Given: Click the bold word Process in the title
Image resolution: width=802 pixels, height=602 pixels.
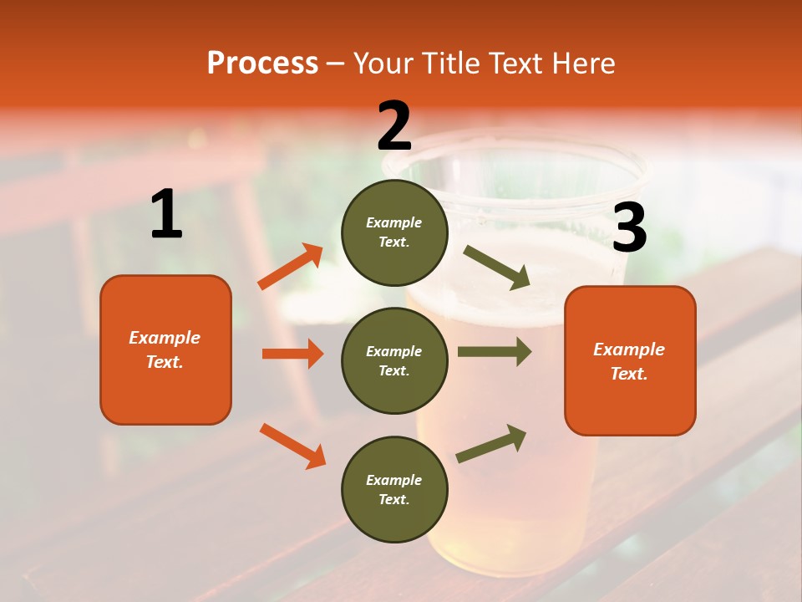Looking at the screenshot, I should click(x=262, y=64).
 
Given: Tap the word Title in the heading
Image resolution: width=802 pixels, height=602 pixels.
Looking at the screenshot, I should click(x=450, y=64).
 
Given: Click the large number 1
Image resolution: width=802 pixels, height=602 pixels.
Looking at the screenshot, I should click(x=166, y=215).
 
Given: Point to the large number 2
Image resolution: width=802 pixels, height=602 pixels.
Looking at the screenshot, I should click(x=394, y=125).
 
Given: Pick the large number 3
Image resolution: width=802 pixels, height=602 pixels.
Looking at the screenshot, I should click(x=629, y=228).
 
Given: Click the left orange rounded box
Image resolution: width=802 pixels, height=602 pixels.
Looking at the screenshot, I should click(x=165, y=349).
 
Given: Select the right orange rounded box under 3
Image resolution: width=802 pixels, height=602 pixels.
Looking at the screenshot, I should click(x=630, y=361).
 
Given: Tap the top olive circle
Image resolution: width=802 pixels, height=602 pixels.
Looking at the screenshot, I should click(x=394, y=232).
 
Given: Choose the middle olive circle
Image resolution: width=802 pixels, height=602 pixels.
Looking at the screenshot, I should click(x=394, y=360).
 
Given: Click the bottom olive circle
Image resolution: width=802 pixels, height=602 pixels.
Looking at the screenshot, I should click(x=394, y=489).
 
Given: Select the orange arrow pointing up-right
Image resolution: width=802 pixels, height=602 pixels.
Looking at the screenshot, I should click(x=291, y=267).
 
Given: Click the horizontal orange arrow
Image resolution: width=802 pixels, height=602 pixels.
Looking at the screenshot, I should click(x=292, y=354).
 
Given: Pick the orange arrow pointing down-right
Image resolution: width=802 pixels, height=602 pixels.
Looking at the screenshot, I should click(x=292, y=446).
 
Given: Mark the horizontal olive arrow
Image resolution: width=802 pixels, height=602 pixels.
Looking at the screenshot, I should click(x=494, y=352).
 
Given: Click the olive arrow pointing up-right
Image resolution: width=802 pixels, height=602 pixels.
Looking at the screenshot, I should click(x=491, y=443).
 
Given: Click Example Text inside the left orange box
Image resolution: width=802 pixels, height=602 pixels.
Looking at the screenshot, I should click(x=165, y=349).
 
